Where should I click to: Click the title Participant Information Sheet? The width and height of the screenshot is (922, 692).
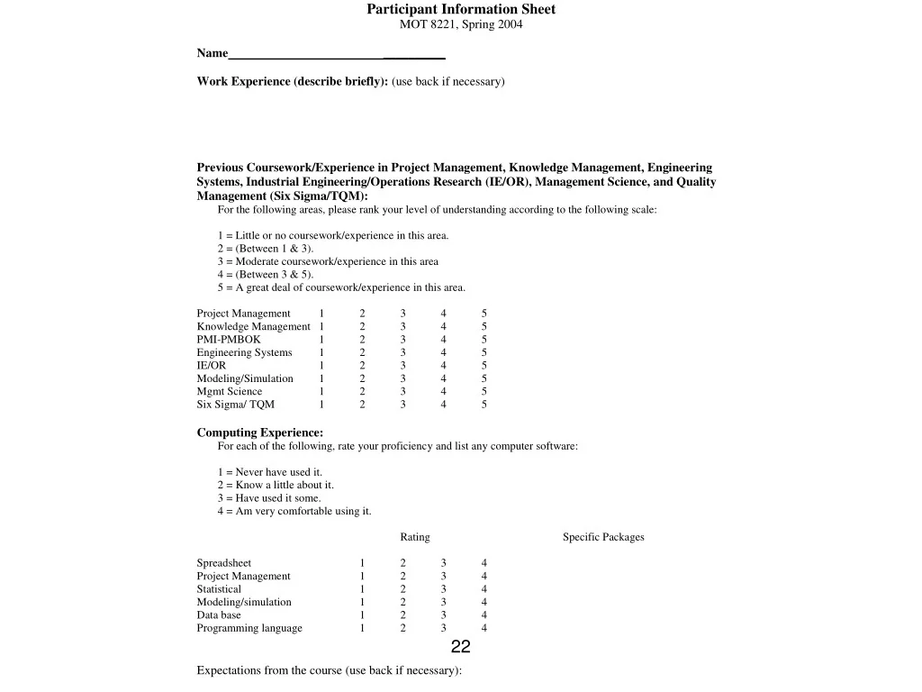460,9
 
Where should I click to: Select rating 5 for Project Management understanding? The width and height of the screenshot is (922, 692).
484,314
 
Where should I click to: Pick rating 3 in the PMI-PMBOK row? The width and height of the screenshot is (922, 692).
403,340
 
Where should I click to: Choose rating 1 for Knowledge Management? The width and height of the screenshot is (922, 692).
321,326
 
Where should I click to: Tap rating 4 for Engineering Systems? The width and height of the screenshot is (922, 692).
444,352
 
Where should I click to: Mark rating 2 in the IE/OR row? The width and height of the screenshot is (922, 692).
363,366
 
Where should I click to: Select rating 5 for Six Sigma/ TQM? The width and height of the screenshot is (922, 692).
484,405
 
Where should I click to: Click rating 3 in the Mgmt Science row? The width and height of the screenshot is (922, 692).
403,391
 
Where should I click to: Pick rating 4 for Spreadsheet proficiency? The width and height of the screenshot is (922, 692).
484,563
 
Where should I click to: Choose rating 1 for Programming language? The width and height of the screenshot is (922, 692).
363,628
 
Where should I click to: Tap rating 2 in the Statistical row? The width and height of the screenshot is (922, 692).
403,589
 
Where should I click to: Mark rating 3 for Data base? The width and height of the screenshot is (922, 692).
444,615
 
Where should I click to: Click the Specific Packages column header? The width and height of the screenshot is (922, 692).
603,537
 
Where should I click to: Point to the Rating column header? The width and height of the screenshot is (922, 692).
415,537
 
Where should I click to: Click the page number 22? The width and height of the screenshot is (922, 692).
460,647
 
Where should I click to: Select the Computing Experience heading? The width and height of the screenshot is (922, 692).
260,432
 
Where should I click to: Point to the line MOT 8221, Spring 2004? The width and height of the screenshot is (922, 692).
460,24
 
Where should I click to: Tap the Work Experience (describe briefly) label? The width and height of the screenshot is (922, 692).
293,81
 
